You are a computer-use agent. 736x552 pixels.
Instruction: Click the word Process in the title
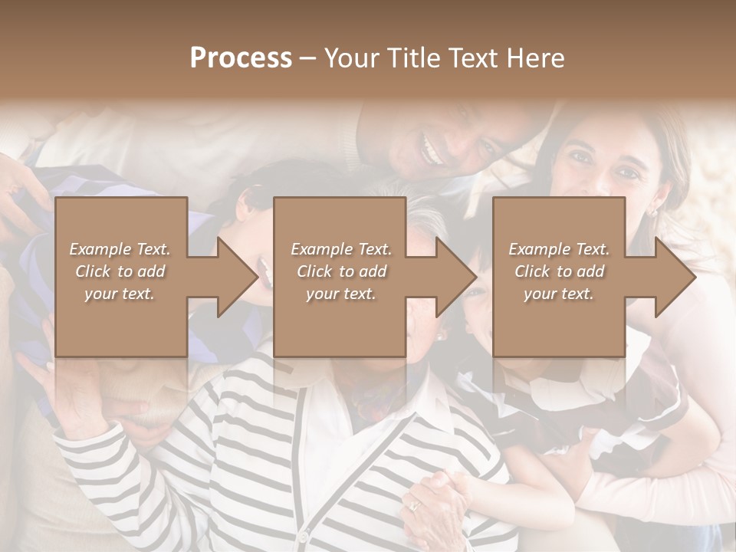241,58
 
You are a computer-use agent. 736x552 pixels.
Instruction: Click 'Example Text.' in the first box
120,249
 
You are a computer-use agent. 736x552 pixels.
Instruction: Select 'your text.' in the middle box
340,294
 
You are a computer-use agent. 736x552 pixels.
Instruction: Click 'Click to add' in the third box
559,271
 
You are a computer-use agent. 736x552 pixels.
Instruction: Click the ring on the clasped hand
415,505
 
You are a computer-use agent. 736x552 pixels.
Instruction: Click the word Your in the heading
351,58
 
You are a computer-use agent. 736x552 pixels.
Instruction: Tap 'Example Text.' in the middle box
341,249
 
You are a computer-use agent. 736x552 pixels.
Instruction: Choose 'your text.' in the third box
558,294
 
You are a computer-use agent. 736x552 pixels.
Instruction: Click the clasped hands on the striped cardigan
437,498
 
